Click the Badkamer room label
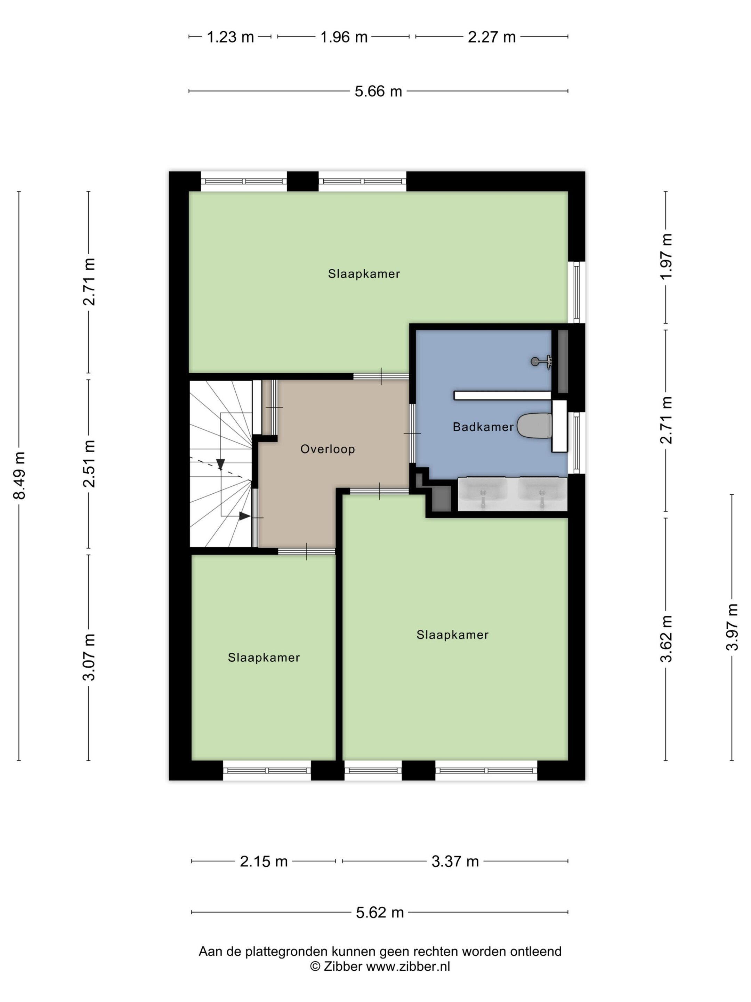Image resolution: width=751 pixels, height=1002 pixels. tap(483, 427)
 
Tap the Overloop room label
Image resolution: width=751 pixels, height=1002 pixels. tap(327, 450)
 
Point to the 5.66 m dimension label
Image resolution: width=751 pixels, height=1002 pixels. tap(378, 92)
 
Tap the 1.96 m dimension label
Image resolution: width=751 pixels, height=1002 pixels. tap(344, 37)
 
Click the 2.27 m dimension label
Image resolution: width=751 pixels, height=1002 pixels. tap(492, 37)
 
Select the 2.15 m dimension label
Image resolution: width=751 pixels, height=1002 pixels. tap(264, 861)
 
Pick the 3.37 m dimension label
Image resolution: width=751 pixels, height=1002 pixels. tap(455, 861)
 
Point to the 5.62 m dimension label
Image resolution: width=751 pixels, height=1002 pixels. tap(379, 912)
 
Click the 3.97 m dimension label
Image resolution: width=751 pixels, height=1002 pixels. tap(732, 627)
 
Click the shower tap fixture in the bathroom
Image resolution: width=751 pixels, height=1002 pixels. tap(542, 361)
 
